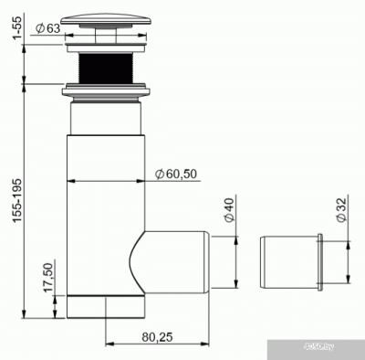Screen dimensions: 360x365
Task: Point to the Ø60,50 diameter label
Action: [x=176, y=173]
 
